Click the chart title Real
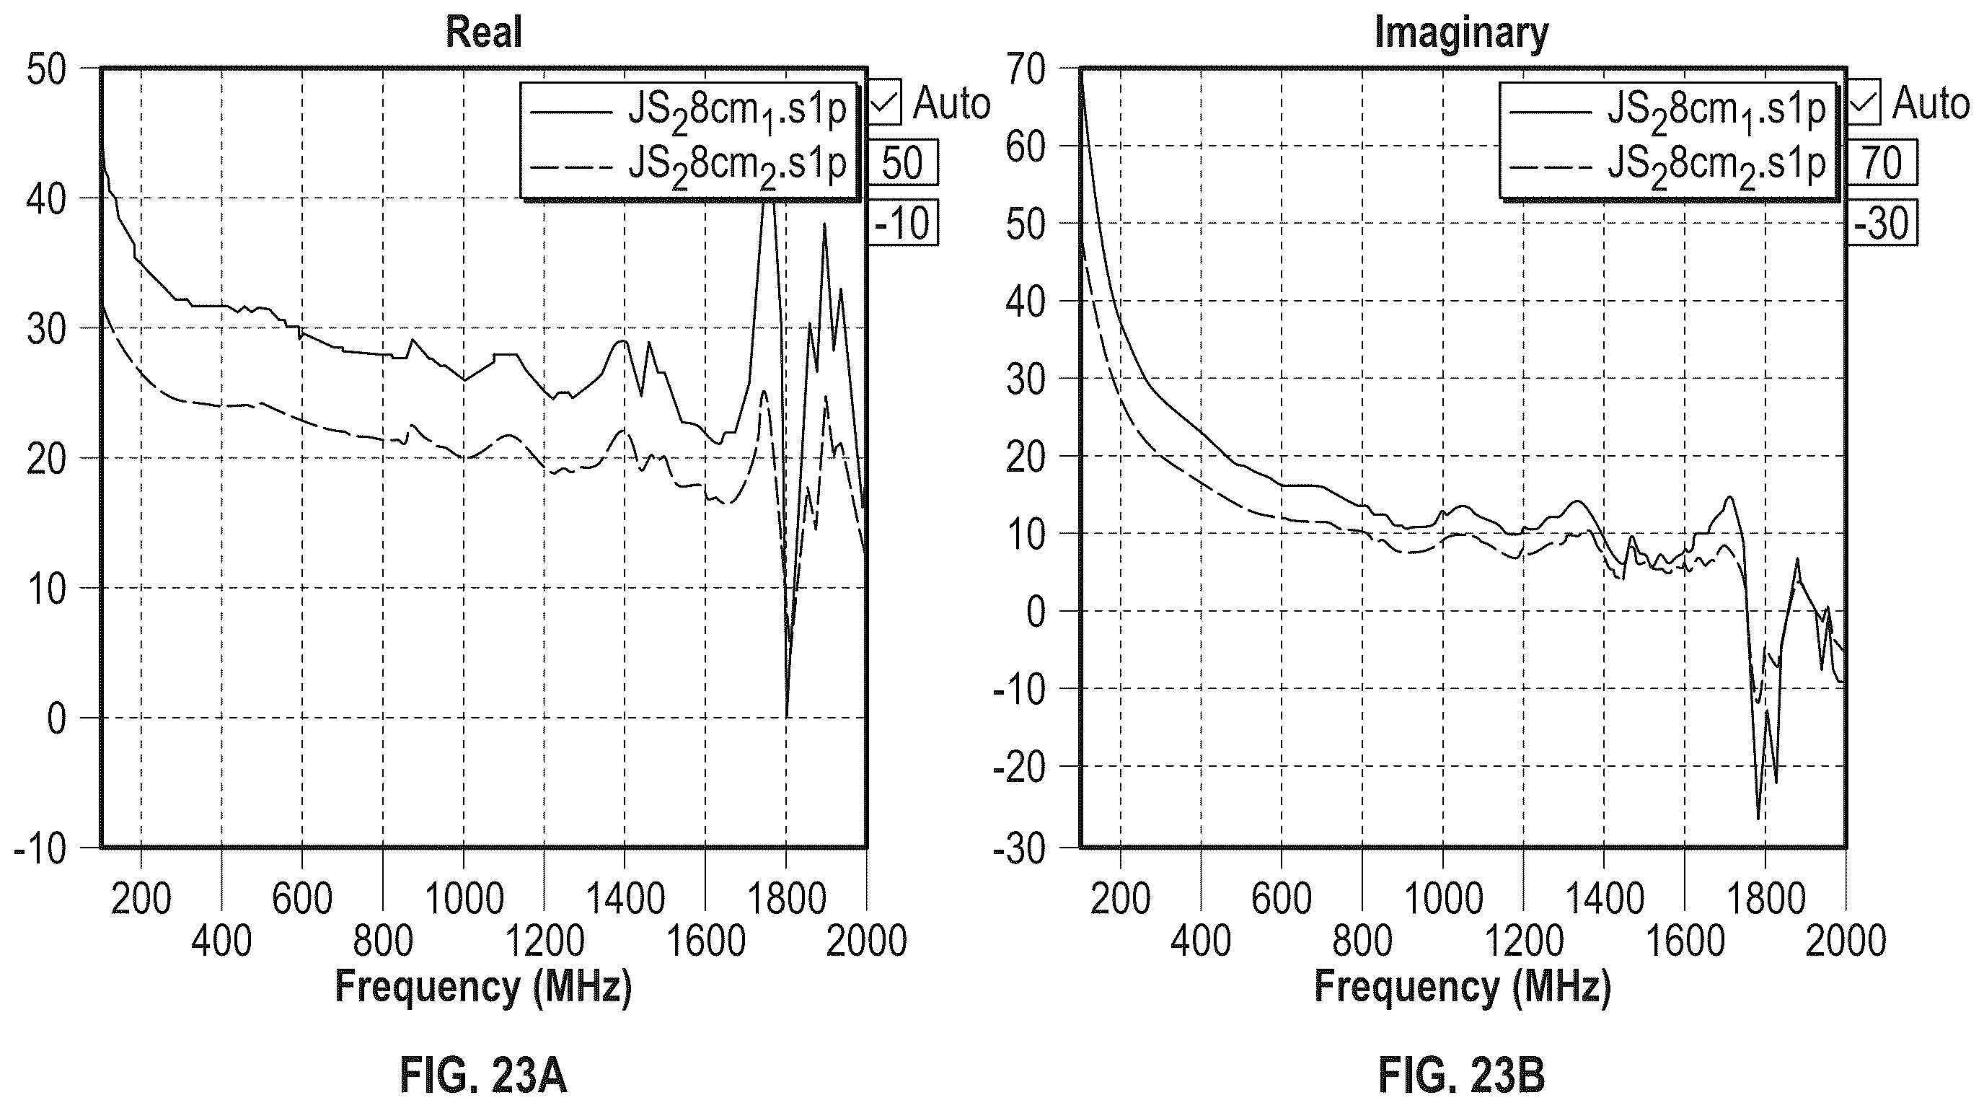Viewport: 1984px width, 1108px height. pos(484,32)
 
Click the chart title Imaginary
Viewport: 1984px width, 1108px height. pos(1461,34)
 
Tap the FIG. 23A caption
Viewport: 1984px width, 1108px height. pos(484,1076)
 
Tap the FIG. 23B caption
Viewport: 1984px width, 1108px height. pos(1461,1076)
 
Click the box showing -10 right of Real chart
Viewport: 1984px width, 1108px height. pos(904,224)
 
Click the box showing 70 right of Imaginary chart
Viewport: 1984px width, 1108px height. pos(1882,162)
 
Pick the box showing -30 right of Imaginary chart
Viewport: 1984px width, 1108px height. pos(1882,224)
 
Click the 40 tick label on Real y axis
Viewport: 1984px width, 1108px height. pos(47,199)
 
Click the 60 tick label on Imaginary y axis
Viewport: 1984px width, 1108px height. pos(1026,146)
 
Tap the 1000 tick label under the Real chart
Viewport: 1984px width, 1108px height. pos(464,900)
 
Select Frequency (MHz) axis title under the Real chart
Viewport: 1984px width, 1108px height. pos(484,987)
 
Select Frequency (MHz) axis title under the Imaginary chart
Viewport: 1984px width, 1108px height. pos(1463,987)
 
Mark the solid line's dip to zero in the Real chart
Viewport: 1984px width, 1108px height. pos(787,716)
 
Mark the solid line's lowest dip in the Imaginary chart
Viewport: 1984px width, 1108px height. pos(1758,818)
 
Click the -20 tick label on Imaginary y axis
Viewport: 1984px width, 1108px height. pos(1019,768)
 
